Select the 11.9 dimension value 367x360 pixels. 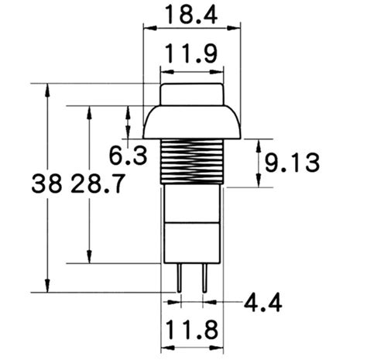pos(191,53)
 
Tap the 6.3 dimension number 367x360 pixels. pos(128,156)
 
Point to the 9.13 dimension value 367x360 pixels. pos(292,163)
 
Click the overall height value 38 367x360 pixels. pos(47,183)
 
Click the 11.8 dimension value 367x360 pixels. pos(191,330)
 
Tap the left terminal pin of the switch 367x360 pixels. pos(179,278)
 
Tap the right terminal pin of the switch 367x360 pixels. pos(204,278)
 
